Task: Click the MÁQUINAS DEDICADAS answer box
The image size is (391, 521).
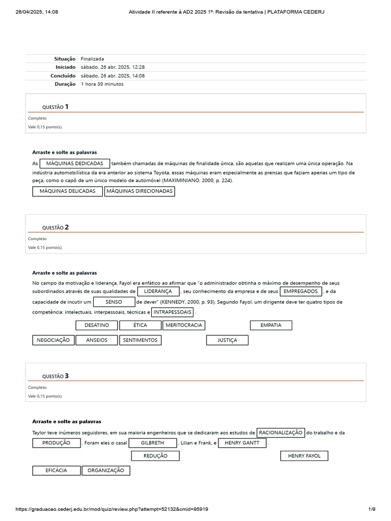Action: (x=75, y=163)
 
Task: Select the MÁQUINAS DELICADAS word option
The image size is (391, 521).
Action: (x=68, y=191)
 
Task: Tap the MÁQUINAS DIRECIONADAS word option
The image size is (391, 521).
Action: (x=139, y=191)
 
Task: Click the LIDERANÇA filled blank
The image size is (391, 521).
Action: (x=158, y=292)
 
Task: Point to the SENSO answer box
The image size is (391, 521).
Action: (x=114, y=302)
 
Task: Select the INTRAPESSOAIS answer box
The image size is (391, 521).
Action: (x=173, y=312)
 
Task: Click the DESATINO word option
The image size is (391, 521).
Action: (x=97, y=325)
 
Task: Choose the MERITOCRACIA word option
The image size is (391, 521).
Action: (x=184, y=325)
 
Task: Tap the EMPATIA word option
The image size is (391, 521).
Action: (x=271, y=325)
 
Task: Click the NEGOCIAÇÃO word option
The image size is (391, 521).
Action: (x=53, y=340)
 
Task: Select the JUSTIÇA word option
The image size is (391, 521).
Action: (x=228, y=340)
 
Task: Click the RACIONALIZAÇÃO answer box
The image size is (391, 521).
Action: (x=281, y=433)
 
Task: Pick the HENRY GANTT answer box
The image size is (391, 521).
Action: (x=242, y=443)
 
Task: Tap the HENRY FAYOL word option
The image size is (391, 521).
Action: (x=304, y=456)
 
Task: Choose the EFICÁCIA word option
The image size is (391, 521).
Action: (x=56, y=471)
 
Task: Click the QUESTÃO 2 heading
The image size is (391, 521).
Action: (x=55, y=227)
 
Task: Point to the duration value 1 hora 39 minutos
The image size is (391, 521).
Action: (x=102, y=84)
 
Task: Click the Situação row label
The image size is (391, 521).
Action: (x=65, y=59)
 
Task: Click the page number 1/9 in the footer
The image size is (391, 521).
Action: (x=372, y=509)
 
